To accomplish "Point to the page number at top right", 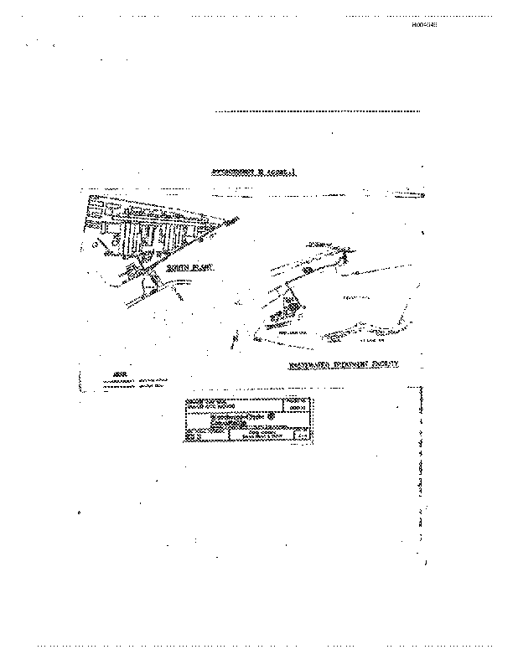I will coord(425,25).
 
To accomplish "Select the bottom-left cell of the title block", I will coord(194,435).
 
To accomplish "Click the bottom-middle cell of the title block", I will coord(248,435).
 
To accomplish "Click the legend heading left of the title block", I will coord(109,374).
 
